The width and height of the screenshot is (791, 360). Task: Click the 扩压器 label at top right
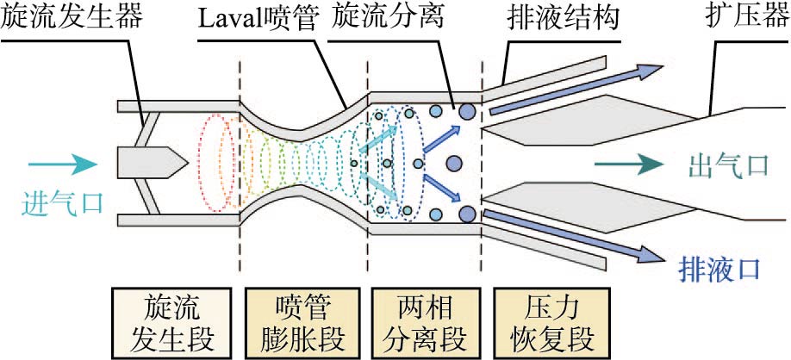pos(740,20)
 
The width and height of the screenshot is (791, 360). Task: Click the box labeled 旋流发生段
pos(172,320)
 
